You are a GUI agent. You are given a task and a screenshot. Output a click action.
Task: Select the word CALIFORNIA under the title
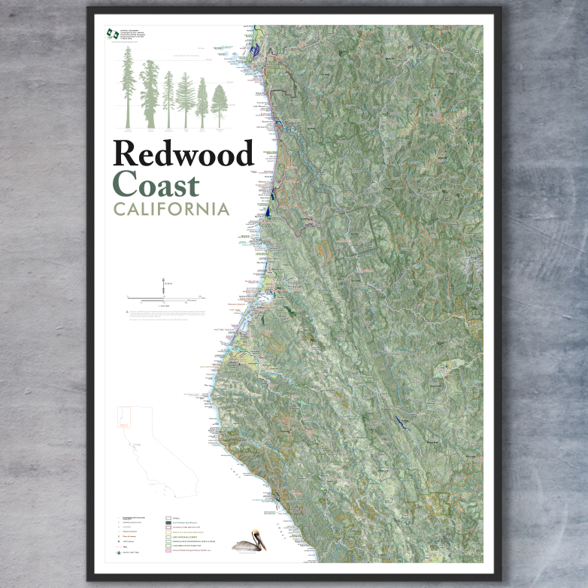(x=171, y=208)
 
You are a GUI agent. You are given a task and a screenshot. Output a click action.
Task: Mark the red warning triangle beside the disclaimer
(x=126, y=311)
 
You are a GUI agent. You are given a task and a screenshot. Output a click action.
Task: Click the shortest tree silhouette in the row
(x=219, y=106)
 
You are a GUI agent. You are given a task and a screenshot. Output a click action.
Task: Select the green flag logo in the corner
(x=113, y=34)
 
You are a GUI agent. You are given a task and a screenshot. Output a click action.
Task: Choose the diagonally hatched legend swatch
(x=169, y=572)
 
